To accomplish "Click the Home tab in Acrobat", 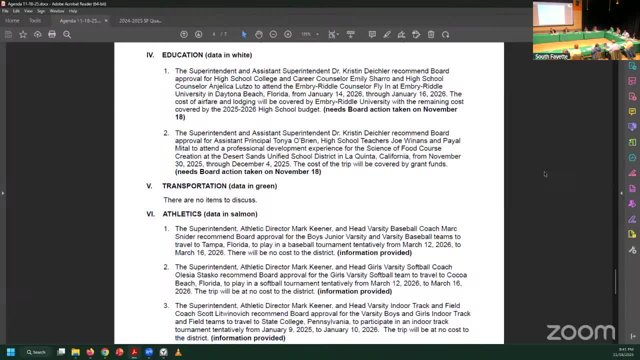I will click(12, 20).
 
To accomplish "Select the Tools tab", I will click(35, 20).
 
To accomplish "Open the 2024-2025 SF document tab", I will click(140, 20).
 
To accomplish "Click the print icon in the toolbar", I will click(52, 34).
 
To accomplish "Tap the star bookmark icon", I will click(23, 34).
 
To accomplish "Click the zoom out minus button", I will click(273, 34).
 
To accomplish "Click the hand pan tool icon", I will click(258, 34).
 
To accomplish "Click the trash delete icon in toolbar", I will click(431, 34).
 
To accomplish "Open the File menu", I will click(5, 11).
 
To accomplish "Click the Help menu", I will click(73, 11).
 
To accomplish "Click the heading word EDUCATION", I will click(182, 55).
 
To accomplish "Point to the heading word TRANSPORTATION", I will click(194, 186).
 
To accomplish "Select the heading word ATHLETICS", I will click(182, 214).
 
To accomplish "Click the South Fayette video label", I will click(551, 56).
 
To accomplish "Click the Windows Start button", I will click(10, 352).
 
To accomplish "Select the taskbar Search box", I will click(36, 352).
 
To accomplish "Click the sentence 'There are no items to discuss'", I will click(210, 200).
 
